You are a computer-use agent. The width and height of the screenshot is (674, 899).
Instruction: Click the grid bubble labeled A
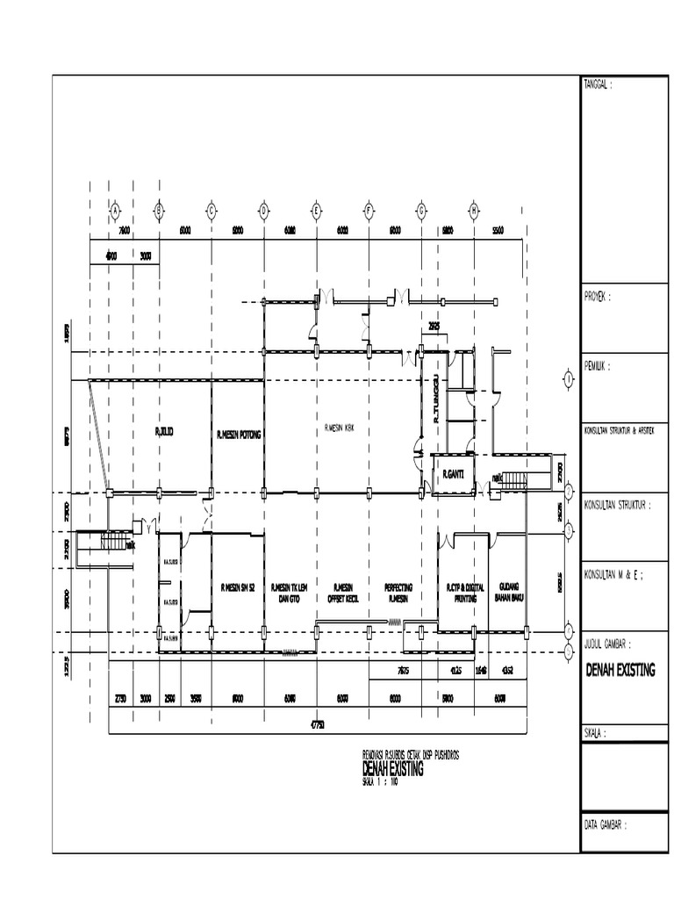tap(113, 210)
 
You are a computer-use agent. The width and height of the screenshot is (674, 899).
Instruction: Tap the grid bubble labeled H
tap(474, 210)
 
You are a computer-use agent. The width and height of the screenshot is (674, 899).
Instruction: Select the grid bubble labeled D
tap(263, 210)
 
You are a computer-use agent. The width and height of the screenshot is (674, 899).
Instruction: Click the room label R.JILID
tap(164, 432)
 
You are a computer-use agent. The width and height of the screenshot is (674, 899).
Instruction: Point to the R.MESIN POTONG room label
tap(238, 435)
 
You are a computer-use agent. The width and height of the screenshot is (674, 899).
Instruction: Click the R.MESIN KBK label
tap(342, 428)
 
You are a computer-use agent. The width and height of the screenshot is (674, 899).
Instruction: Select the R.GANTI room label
tap(453, 475)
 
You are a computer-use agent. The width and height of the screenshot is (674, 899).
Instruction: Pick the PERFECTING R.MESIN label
tap(399, 592)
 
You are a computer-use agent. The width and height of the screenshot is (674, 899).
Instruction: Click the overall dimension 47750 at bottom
tap(317, 725)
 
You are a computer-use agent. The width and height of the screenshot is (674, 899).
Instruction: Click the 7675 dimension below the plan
tap(404, 671)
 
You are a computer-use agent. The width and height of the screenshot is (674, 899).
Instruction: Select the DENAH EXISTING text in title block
tap(620, 671)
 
